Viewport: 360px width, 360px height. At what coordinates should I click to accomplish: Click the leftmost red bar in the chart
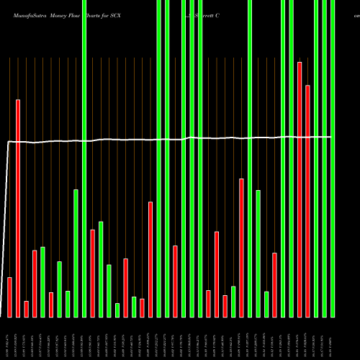pyautogui.click(x=10, y=297)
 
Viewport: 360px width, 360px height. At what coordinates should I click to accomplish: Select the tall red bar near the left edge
pyautogui.click(x=18, y=208)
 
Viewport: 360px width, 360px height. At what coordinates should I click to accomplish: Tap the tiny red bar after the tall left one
pyautogui.click(x=27, y=309)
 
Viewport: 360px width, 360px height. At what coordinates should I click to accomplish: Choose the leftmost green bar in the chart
pyautogui.click(x=43, y=282)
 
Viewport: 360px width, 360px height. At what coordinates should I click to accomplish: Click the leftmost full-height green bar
pyautogui.click(x=84, y=158)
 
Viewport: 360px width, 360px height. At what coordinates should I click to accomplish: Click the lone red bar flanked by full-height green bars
pyautogui.click(x=175, y=281)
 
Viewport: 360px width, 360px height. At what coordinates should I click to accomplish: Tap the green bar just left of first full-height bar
pyautogui.click(x=76, y=253)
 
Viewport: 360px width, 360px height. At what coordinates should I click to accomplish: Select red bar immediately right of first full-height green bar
pyautogui.click(x=93, y=273)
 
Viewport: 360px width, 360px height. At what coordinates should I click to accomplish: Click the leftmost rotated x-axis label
pyautogui.click(x=9, y=339)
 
